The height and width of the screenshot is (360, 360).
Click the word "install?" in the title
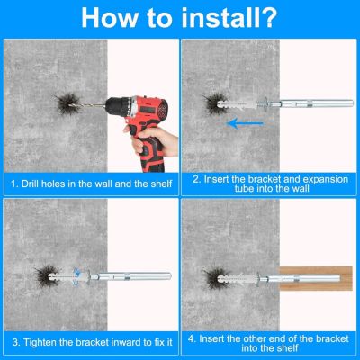(229, 17)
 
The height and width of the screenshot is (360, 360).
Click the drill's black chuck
(115, 106)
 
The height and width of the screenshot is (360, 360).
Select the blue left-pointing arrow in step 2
(245, 123)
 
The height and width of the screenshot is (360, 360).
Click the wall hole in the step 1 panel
(68, 104)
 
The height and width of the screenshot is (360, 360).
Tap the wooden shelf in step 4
(316, 278)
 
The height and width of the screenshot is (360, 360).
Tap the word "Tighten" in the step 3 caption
(38, 342)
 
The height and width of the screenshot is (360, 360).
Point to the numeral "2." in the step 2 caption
(196, 179)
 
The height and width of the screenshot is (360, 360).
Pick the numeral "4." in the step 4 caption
(193, 339)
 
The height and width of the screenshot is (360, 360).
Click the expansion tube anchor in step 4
(238, 279)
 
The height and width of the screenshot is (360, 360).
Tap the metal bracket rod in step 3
(130, 276)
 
